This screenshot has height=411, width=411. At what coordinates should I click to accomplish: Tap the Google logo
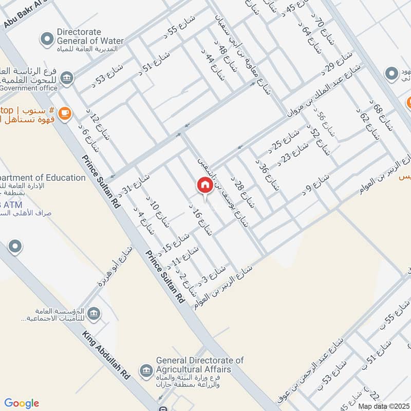(22, 403)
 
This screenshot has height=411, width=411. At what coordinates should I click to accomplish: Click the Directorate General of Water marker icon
(47, 39)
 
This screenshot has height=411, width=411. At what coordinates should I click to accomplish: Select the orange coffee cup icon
(65, 113)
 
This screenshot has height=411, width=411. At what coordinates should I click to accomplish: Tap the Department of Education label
(43, 178)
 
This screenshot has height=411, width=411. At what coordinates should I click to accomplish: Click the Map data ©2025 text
(383, 406)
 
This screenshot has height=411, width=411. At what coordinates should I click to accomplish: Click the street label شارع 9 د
(314, 185)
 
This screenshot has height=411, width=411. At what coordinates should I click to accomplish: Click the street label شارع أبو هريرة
(116, 265)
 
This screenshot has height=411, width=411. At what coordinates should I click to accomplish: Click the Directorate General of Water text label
(90, 36)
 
